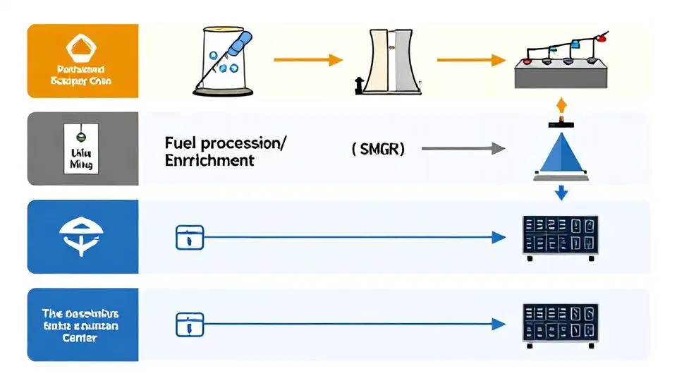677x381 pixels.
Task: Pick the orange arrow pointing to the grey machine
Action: tap(471, 60)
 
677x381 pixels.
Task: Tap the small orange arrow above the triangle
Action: tap(561, 107)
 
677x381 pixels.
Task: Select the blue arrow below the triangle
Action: tap(561, 192)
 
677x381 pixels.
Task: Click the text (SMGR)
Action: tap(377, 149)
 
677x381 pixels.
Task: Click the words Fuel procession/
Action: tap(226, 142)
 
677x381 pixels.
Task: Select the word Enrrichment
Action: tap(209, 160)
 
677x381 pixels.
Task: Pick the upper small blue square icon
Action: tap(189, 238)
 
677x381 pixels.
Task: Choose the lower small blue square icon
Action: tap(189, 324)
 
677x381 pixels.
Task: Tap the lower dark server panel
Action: tap(560, 322)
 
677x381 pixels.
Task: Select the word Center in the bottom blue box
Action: tap(79, 338)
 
